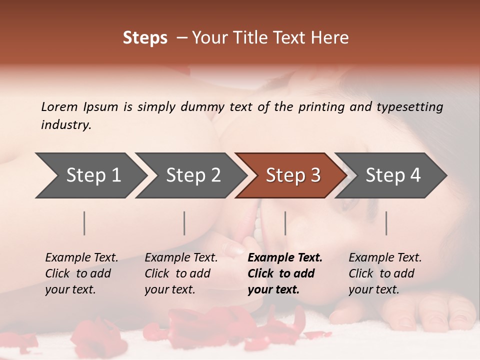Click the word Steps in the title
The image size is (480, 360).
tap(145, 38)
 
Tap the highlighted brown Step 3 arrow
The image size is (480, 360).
tap(293, 175)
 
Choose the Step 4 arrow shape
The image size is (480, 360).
tap(393, 175)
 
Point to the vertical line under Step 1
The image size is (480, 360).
tap(84, 223)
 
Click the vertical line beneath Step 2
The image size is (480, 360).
tap(184, 223)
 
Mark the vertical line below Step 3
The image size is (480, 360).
tap(285, 223)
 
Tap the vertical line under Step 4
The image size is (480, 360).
tap(386, 223)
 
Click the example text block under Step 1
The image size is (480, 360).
tap(81, 273)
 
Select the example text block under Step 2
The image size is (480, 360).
tap(181, 273)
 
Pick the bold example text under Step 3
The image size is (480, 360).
tap(285, 273)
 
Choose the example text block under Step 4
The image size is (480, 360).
tap(385, 273)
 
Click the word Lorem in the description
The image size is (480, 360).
tap(59, 107)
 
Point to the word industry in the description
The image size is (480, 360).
tap(65, 125)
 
